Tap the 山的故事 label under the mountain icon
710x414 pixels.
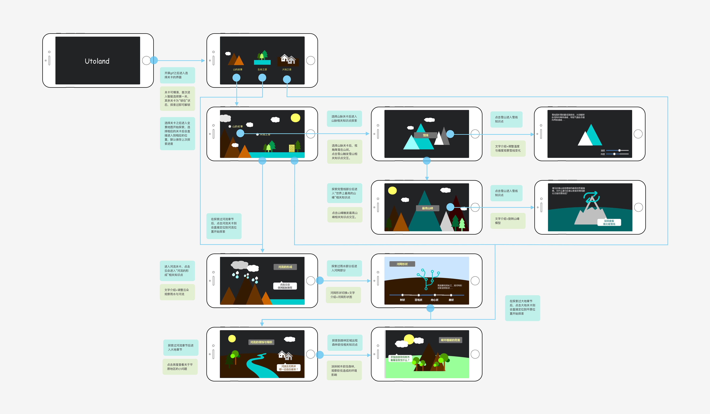pyautogui.click(x=238, y=69)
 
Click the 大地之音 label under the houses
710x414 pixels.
pyautogui.click(x=287, y=69)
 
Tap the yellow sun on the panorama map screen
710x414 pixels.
pyautogui.click(x=295, y=118)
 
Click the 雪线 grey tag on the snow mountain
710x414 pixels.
pyautogui.click(x=425, y=135)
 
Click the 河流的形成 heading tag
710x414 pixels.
pyautogui.click(x=285, y=267)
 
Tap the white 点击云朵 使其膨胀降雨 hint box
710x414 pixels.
pyautogui.click(x=285, y=286)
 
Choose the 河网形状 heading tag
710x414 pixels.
pyautogui.click(x=402, y=264)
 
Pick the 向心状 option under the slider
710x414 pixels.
pyautogui.click(x=435, y=300)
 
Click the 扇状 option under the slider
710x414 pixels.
pyautogui.click(x=451, y=300)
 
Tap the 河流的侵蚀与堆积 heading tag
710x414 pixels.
pyautogui.click(x=261, y=342)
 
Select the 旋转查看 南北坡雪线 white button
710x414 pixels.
pyautogui.click(x=609, y=222)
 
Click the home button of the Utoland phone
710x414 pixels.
pyautogui.click(x=146, y=60)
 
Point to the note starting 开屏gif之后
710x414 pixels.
pyautogui.click(x=177, y=75)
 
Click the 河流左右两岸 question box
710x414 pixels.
pyautogui.click(x=288, y=368)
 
